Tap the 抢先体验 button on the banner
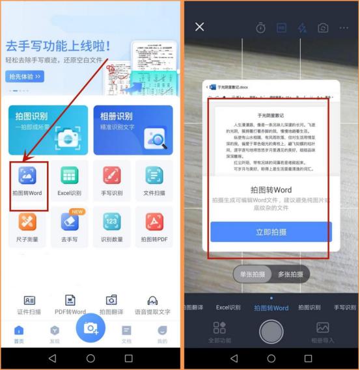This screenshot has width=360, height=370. pyautogui.click(x=25, y=77)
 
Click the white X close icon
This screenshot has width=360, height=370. pyautogui.click(x=200, y=27)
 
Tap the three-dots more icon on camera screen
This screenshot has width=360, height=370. pyautogui.click(x=343, y=27)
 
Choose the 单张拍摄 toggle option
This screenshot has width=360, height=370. pyautogui.click(x=253, y=274)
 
